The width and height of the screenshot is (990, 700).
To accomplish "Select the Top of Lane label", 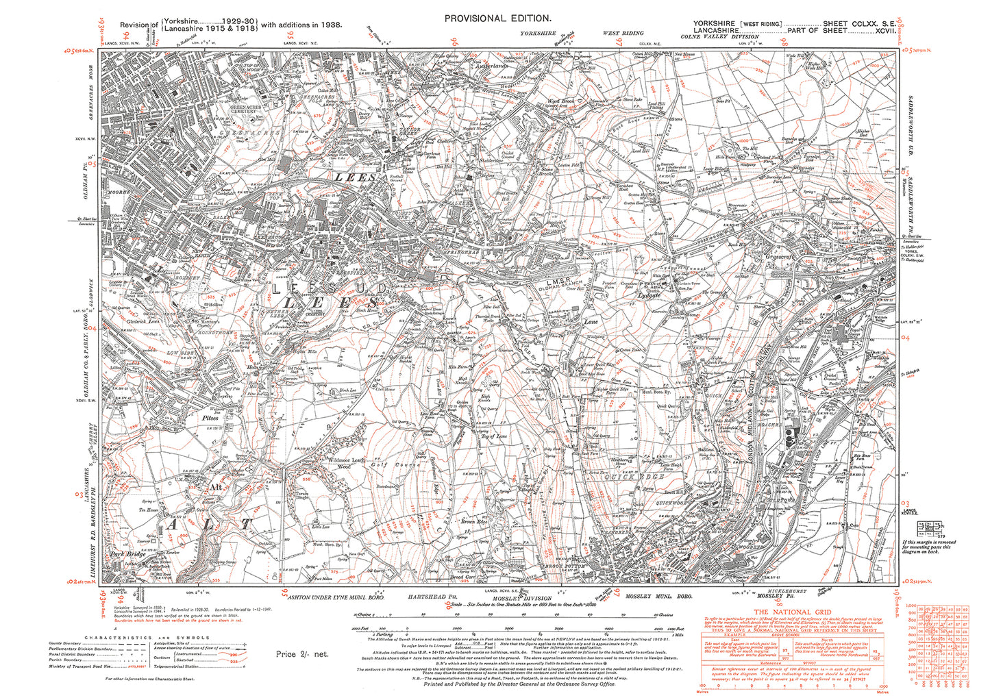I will click(x=493, y=436).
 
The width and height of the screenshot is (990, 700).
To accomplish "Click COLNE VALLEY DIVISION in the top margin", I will click(x=717, y=38).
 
